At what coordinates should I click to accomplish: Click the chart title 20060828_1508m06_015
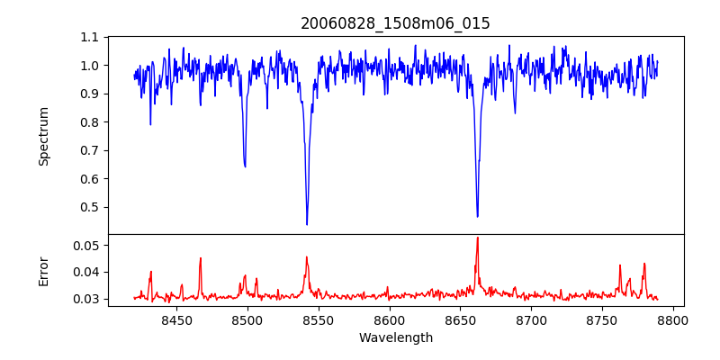click(395, 23)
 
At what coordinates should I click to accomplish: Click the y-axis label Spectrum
click(43, 136)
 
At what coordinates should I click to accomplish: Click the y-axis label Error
click(43, 270)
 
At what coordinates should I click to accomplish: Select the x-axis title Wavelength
click(395, 338)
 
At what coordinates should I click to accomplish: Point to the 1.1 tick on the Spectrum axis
click(90, 38)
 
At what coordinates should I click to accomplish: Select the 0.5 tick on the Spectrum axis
click(90, 207)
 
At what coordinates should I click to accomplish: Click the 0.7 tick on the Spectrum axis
click(90, 150)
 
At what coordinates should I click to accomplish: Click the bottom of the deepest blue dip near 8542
click(307, 224)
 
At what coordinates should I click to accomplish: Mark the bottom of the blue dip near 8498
click(245, 166)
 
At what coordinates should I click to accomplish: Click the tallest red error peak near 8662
click(477, 238)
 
